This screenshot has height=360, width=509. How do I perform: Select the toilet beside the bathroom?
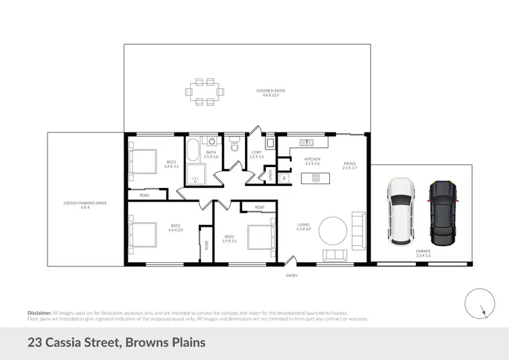pos(235,145)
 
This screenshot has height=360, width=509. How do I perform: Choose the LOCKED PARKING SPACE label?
pos(85,204)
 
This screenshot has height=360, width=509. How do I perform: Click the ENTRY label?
pos(292,275)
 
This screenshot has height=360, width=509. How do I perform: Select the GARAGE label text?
pos(423,251)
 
